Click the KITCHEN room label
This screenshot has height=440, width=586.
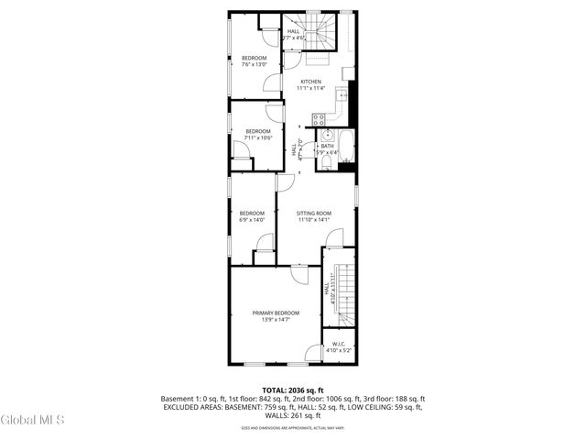pyautogui.click(x=311, y=82)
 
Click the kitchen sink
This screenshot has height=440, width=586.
pyautogui.click(x=344, y=95)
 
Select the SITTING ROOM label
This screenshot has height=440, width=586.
pyautogui.click(x=313, y=213)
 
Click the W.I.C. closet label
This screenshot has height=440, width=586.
pyautogui.click(x=338, y=345)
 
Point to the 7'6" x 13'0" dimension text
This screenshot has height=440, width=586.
pyautogui.click(x=254, y=65)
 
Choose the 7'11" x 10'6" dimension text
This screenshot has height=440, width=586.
pyautogui.click(x=257, y=138)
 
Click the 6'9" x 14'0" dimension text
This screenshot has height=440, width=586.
pyautogui.click(x=251, y=220)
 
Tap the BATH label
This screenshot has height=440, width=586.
pyautogui.click(x=327, y=146)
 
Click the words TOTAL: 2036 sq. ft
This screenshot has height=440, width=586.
pyautogui.click(x=293, y=390)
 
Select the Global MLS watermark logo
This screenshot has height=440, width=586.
pyautogui.click(x=33, y=421)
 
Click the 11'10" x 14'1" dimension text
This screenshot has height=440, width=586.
pyautogui.click(x=313, y=220)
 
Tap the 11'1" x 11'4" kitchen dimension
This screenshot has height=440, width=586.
pyautogui.click(x=311, y=89)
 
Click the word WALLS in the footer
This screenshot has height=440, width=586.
pyautogui.click(x=273, y=415)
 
